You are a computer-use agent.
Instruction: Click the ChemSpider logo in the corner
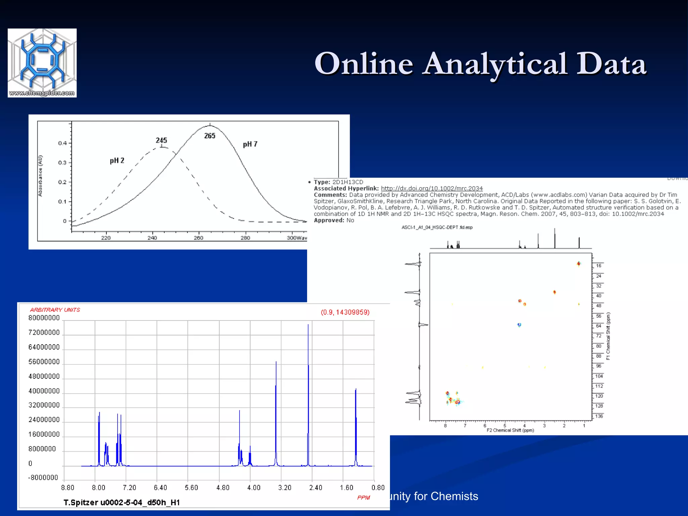pyautogui.click(x=42, y=63)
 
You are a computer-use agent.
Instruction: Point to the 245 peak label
pyautogui.click(x=161, y=140)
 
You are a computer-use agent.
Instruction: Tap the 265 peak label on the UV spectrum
pyautogui.click(x=210, y=136)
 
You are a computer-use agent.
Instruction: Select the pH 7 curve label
pyautogui.click(x=250, y=144)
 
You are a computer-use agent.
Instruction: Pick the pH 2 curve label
pyautogui.click(x=117, y=161)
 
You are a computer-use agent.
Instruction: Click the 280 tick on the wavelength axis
pyautogui.click(x=245, y=238)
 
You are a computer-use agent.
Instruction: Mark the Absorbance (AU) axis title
pyautogui.click(x=40, y=176)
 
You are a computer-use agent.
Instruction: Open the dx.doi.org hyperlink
pyautogui.click(x=432, y=188)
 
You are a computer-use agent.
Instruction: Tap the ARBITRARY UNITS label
pyautogui.click(x=55, y=310)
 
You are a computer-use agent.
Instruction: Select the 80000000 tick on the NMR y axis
pyautogui.click(x=44, y=318)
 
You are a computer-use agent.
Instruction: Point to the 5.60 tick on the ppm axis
pyautogui.click(x=191, y=487)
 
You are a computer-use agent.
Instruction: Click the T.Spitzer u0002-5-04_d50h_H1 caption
pyautogui.click(x=122, y=503)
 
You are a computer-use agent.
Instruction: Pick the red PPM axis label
pyautogui.click(x=363, y=498)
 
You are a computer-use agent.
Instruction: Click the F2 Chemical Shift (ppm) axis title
pyautogui.click(x=510, y=430)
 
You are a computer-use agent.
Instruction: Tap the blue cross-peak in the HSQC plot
pyautogui.click(x=519, y=325)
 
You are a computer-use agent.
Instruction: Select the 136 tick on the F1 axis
pyautogui.click(x=599, y=416)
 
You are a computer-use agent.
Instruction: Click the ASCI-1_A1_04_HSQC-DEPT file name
pyautogui.click(x=437, y=227)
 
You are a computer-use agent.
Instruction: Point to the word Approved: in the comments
pyautogui.click(x=329, y=220)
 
